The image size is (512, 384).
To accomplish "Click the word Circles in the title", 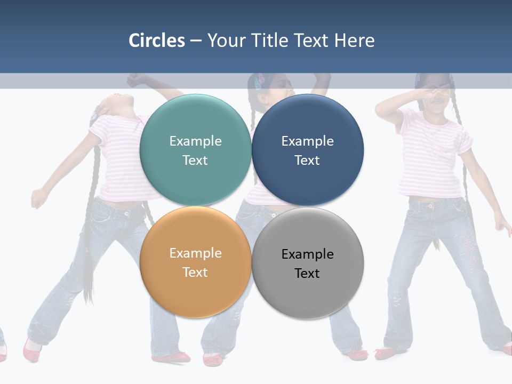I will click(x=156, y=41).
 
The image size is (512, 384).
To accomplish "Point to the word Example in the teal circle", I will click(x=195, y=141).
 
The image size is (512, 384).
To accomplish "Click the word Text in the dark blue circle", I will click(x=307, y=160).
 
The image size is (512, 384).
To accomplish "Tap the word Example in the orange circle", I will click(x=195, y=253).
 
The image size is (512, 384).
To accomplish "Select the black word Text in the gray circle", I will click(x=307, y=273).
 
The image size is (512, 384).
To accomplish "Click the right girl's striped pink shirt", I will click(x=432, y=155).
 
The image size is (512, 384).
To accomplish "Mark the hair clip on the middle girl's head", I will click(x=260, y=81).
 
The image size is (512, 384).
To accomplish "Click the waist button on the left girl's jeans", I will click(x=127, y=214).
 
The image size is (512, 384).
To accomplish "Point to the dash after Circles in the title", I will click(x=196, y=41).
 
